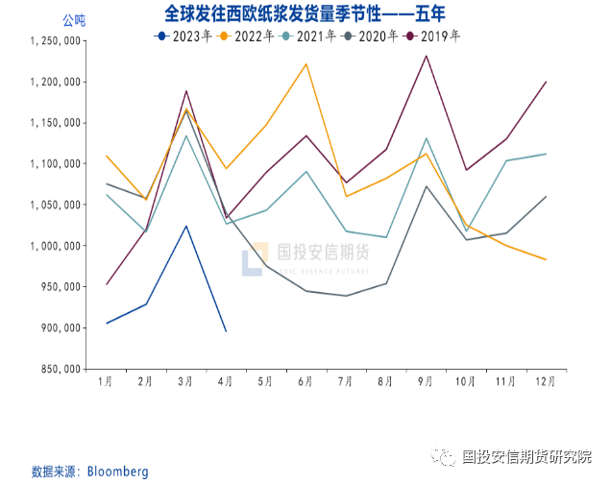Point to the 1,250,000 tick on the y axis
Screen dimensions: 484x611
53,41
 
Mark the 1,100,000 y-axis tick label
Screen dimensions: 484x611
53,164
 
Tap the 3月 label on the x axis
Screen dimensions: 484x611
186,381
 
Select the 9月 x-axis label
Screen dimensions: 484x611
426,381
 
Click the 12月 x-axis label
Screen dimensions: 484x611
545,381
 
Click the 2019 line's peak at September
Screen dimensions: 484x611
426,56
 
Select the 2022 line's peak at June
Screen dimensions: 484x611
305,64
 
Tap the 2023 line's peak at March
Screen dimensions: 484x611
186,226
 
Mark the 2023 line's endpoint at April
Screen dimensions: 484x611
226,331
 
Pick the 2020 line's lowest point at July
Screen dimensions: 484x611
346,296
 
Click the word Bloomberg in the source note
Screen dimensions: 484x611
118,472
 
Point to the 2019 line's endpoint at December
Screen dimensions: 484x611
546,82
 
